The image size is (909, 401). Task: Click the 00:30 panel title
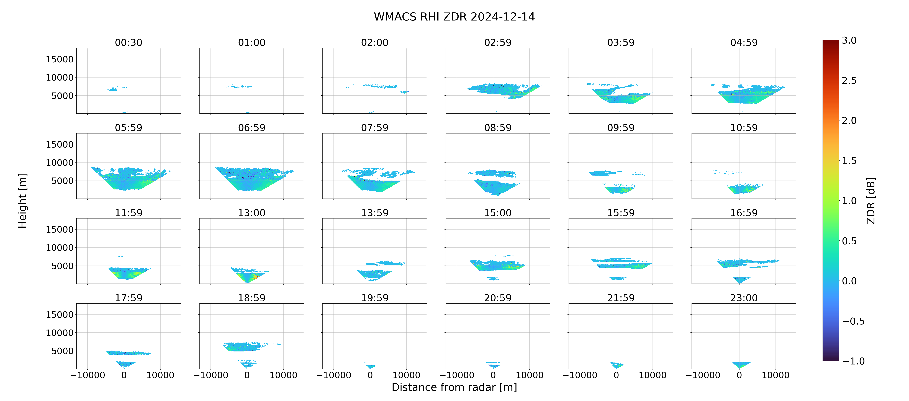pos(129,42)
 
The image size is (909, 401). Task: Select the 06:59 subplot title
pos(252,127)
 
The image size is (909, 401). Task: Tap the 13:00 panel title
pos(252,213)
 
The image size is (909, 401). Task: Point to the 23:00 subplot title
pos(744,298)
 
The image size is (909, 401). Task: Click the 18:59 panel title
pos(252,298)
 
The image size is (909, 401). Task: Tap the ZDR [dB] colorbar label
pos(871,200)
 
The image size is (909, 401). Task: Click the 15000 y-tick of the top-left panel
pos(60,59)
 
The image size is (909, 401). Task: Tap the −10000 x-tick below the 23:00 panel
pos(703,375)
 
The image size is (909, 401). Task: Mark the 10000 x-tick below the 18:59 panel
pos(283,375)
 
